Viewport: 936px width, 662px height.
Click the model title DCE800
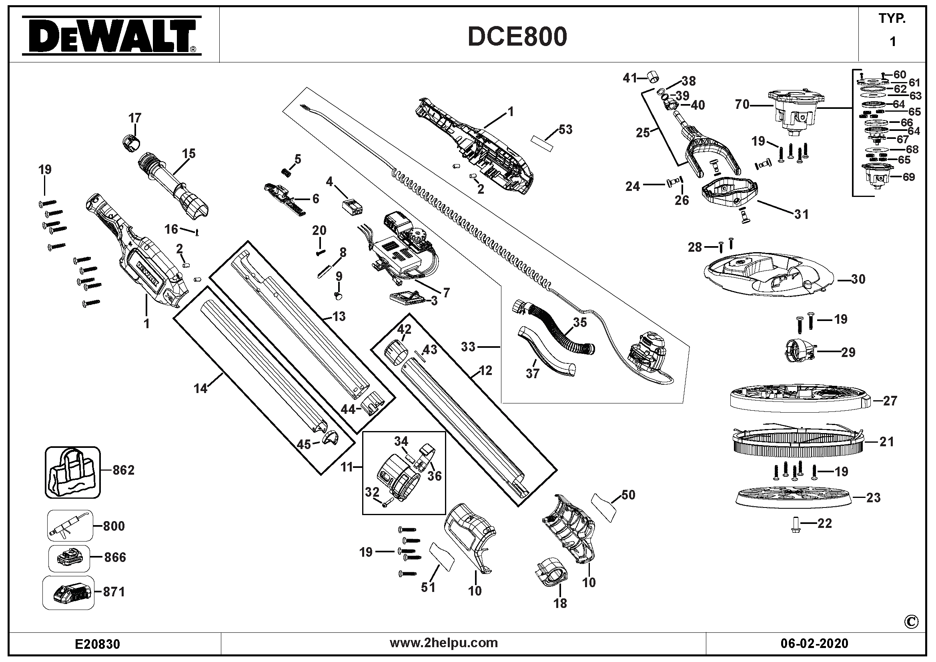[517, 37]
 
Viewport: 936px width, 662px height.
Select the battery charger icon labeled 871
[68, 593]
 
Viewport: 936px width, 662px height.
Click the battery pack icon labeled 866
[69, 558]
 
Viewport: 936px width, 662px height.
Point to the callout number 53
[565, 130]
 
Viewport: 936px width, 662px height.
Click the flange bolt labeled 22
[796, 525]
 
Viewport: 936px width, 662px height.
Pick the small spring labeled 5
[287, 173]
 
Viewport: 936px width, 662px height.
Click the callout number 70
[742, 105]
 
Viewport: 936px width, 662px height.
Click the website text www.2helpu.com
[443, 643]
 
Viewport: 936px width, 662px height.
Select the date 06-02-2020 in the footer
[814, 644]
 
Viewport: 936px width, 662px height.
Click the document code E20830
[97, 644]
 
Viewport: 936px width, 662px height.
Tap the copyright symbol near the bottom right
[911, 622]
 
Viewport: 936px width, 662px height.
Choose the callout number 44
[348, 409]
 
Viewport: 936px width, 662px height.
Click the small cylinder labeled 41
[653, 76]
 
